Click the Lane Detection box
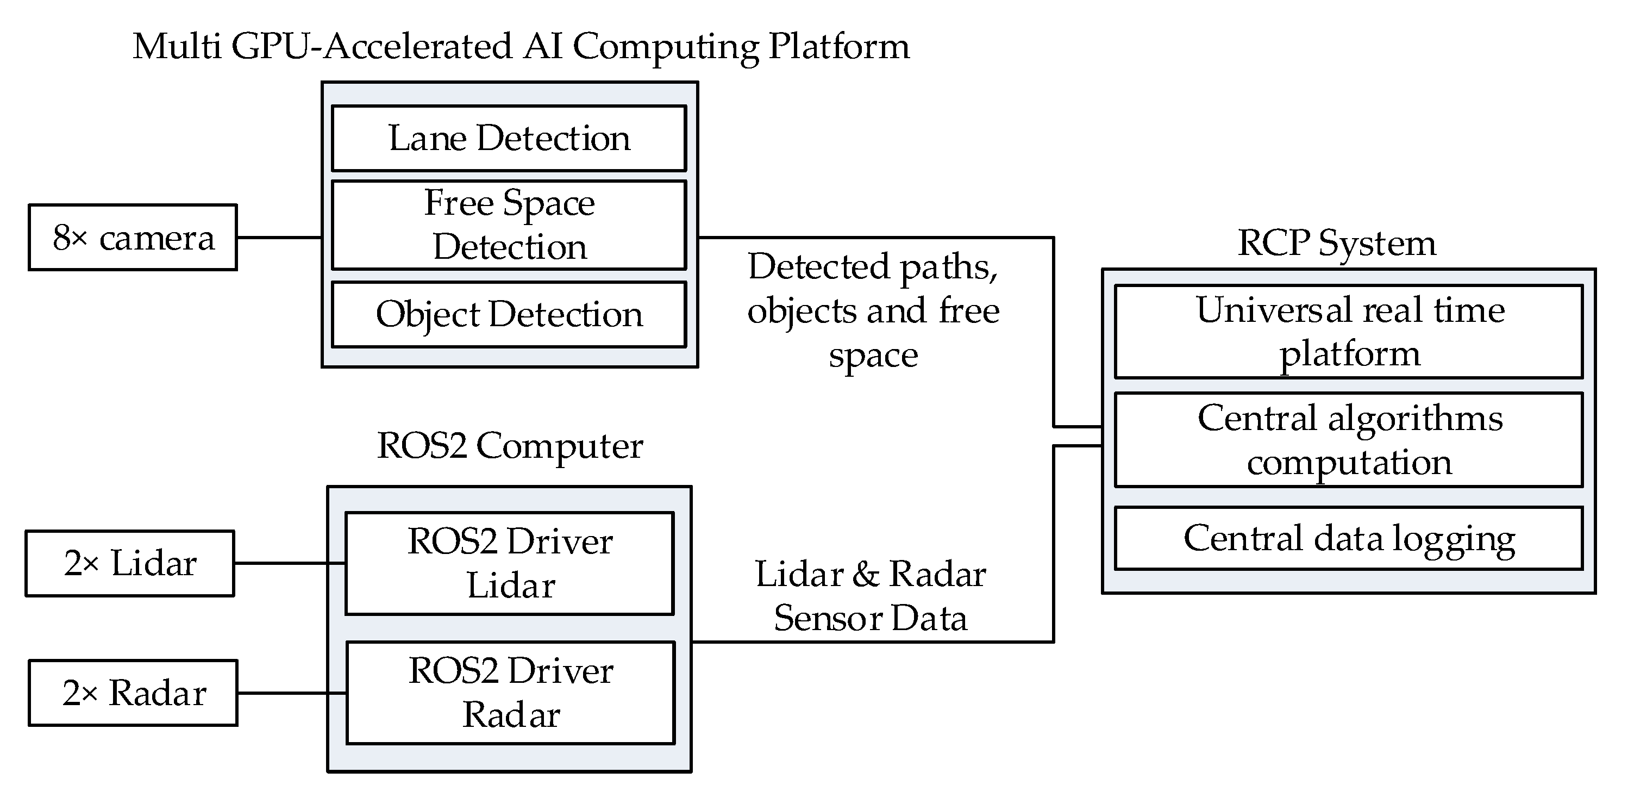[x=509, y=138]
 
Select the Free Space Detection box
[x=509, y=225]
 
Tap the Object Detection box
[x=509, y=315]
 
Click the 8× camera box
[x=133, y=238]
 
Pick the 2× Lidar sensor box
[x=130, y=563]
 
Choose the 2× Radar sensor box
[x=133, y=693]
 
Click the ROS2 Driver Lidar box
[x=509, y=563]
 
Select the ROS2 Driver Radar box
[x=511, y=693]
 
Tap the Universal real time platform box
[x=1349, y=332]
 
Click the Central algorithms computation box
[x=1349, y=440]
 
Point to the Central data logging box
[x=1349, y=538]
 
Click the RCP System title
[x=1337, y=243]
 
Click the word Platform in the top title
[x=838, y=47]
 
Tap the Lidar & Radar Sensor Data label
[x=871, y=596]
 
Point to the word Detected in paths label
[x=818, y=266]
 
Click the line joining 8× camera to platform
[x=279, y=238]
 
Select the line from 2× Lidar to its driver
[x=289, y=563]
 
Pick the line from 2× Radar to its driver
[x=292, y=693]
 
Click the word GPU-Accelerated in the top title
[x=372, y=47]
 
